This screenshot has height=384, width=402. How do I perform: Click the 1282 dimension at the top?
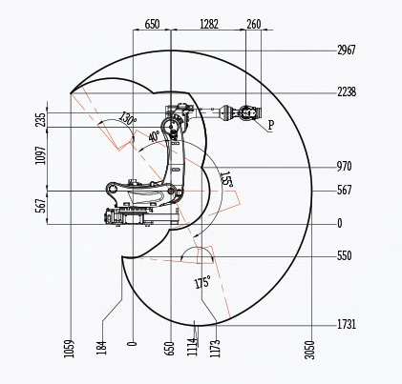209,24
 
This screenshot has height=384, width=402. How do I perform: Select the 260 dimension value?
254,24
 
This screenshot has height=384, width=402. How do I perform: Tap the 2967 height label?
347,51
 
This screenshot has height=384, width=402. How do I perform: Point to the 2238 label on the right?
347,92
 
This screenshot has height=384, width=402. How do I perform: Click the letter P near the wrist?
271,125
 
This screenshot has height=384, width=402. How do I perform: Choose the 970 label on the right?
345,166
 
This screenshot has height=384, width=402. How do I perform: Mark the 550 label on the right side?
345,255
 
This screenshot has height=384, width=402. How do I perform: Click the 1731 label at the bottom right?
347,325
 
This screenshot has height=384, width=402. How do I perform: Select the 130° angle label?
128,119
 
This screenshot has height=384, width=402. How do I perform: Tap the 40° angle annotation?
154,136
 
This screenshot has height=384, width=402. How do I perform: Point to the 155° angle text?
226,179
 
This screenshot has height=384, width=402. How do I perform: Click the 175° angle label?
202,282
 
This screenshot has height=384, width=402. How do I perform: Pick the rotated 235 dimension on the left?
41,120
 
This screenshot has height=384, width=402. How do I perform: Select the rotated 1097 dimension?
41,155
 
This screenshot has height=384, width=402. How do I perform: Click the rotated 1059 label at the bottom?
69,349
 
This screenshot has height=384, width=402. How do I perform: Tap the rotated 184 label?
101,348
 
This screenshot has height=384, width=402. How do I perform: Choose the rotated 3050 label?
309,350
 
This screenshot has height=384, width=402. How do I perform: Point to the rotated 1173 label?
215,349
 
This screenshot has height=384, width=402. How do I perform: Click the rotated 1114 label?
192,347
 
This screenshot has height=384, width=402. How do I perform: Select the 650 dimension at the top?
152,24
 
